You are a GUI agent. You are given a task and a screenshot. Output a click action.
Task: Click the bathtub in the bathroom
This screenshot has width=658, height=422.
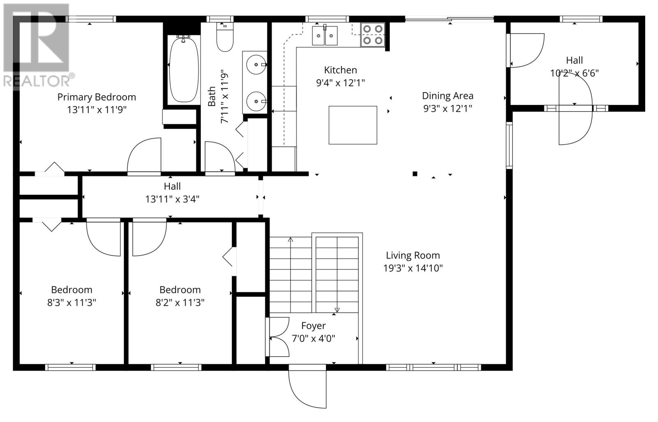coord(184,70)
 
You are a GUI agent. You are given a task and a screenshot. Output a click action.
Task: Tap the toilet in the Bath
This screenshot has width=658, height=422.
coord(225,37)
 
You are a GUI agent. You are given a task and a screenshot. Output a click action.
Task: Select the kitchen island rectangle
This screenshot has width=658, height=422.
coord(352,125)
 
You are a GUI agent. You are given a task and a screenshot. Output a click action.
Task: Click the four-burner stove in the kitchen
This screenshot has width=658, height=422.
coord(373,35)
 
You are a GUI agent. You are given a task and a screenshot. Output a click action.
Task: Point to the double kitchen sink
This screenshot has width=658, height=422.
coord(324,35)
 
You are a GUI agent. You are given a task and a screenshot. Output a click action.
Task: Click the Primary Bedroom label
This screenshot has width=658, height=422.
coord(97,97)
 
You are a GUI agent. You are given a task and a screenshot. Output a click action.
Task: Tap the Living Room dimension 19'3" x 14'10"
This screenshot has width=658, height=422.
coord(413,268)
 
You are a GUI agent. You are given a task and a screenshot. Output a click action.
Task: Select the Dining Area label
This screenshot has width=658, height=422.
coord(448,96)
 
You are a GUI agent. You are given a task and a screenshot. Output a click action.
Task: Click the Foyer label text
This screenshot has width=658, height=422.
coord(313,326)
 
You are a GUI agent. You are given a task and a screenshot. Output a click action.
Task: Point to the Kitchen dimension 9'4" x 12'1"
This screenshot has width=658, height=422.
coord(341,83)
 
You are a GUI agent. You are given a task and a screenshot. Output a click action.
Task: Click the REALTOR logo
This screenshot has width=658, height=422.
coord(37,46)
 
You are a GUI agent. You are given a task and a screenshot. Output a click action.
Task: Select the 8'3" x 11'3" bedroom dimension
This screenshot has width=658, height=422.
coord(72,302)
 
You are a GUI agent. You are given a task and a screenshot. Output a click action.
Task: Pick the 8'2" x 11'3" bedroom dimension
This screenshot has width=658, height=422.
coord(180,302)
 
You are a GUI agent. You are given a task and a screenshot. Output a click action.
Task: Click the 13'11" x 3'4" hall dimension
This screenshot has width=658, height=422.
coord(172,199)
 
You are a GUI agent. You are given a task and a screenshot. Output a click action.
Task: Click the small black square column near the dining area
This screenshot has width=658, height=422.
coord(415,174)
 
